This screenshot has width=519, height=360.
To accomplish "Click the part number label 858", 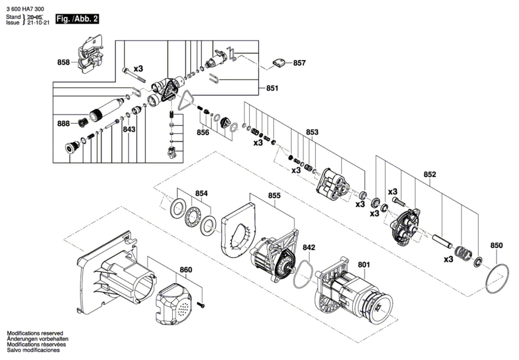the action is (64, 62).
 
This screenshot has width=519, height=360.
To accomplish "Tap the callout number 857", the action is (299, 63).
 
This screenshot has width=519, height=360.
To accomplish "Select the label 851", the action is (272, 88).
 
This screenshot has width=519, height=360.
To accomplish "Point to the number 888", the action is (64, 124).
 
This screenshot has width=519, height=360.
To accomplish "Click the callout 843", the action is (129, 129).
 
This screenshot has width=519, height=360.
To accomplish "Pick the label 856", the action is (203, 133).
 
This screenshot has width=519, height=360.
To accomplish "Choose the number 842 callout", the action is (309, 247).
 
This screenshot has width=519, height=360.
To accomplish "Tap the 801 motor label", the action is (364, 265).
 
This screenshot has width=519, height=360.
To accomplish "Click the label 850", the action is (497, 245).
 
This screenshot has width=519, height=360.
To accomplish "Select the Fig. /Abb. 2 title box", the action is (77, 19).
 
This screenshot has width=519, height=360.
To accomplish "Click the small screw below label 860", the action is (201, 305).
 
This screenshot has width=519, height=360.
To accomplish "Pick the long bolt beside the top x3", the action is (134, 75).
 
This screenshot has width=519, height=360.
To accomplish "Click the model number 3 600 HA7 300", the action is (25, 9).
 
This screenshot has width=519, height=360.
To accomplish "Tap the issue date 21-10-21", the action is (39, 23).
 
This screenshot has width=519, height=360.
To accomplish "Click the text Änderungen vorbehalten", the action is (38, 339).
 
